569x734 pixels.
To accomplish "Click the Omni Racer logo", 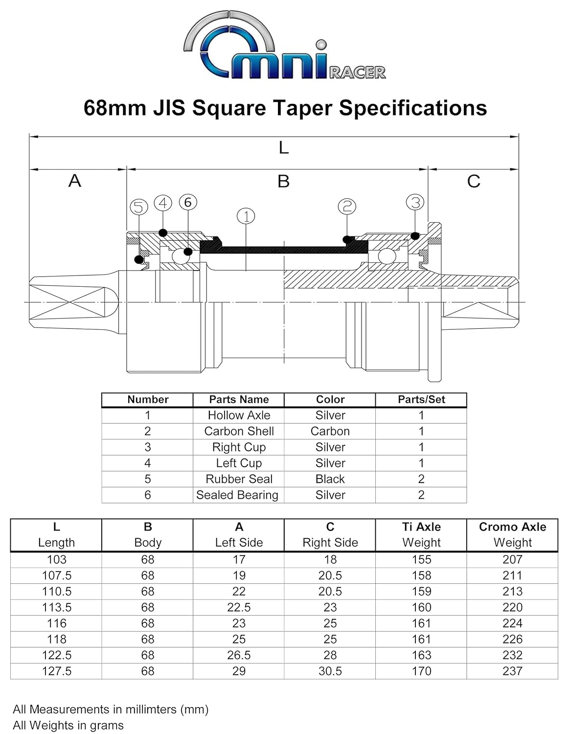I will coord(284,46).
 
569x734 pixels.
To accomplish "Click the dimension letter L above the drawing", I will coord(284,147).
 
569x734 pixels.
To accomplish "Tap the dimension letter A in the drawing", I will coord(74,181).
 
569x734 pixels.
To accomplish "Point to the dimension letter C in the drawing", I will coord(473,182).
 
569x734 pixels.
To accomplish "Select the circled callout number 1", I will coord(246,216).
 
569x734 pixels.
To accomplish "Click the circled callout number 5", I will coord(139,207).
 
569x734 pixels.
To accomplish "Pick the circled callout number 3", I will coord(415,202).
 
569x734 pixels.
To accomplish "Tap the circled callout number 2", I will coord(347,206).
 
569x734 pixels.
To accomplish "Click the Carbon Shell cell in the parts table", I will coord(239,431).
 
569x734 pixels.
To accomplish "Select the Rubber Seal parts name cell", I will coord(239,479).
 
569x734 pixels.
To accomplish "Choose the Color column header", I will coord(330,399).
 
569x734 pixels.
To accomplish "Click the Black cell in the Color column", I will coord(330,479).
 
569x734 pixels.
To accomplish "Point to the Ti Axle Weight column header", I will coord(421,534).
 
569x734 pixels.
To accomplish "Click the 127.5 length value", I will coord(57,671).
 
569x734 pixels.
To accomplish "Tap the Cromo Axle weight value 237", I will coord(512,671).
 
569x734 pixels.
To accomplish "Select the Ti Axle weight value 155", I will coord(421,559).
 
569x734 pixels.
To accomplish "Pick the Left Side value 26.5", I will coord(239,655).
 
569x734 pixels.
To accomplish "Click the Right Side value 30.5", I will coord(330,671).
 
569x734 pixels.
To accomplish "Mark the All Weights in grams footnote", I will coord(68,725).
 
